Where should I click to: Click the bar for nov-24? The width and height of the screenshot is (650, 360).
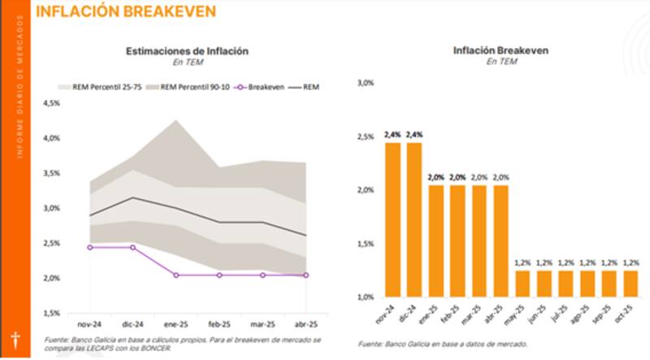pos(392,219)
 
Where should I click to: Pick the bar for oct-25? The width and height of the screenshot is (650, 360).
pos(630,284)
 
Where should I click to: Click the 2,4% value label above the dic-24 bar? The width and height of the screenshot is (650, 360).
pos(414,134)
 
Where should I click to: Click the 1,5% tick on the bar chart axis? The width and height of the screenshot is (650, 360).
pos(364,243)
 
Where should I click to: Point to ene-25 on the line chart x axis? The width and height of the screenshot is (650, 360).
pos(175,323)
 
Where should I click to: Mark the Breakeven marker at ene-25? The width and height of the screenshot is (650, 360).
pos(175,275)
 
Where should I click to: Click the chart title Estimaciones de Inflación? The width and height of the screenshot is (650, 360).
pos(187,50)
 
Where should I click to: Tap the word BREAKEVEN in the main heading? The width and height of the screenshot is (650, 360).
pos(171,11)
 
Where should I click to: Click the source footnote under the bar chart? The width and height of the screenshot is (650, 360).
pos(442,345)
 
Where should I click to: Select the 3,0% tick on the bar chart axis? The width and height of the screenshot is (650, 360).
pos(364,82)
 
